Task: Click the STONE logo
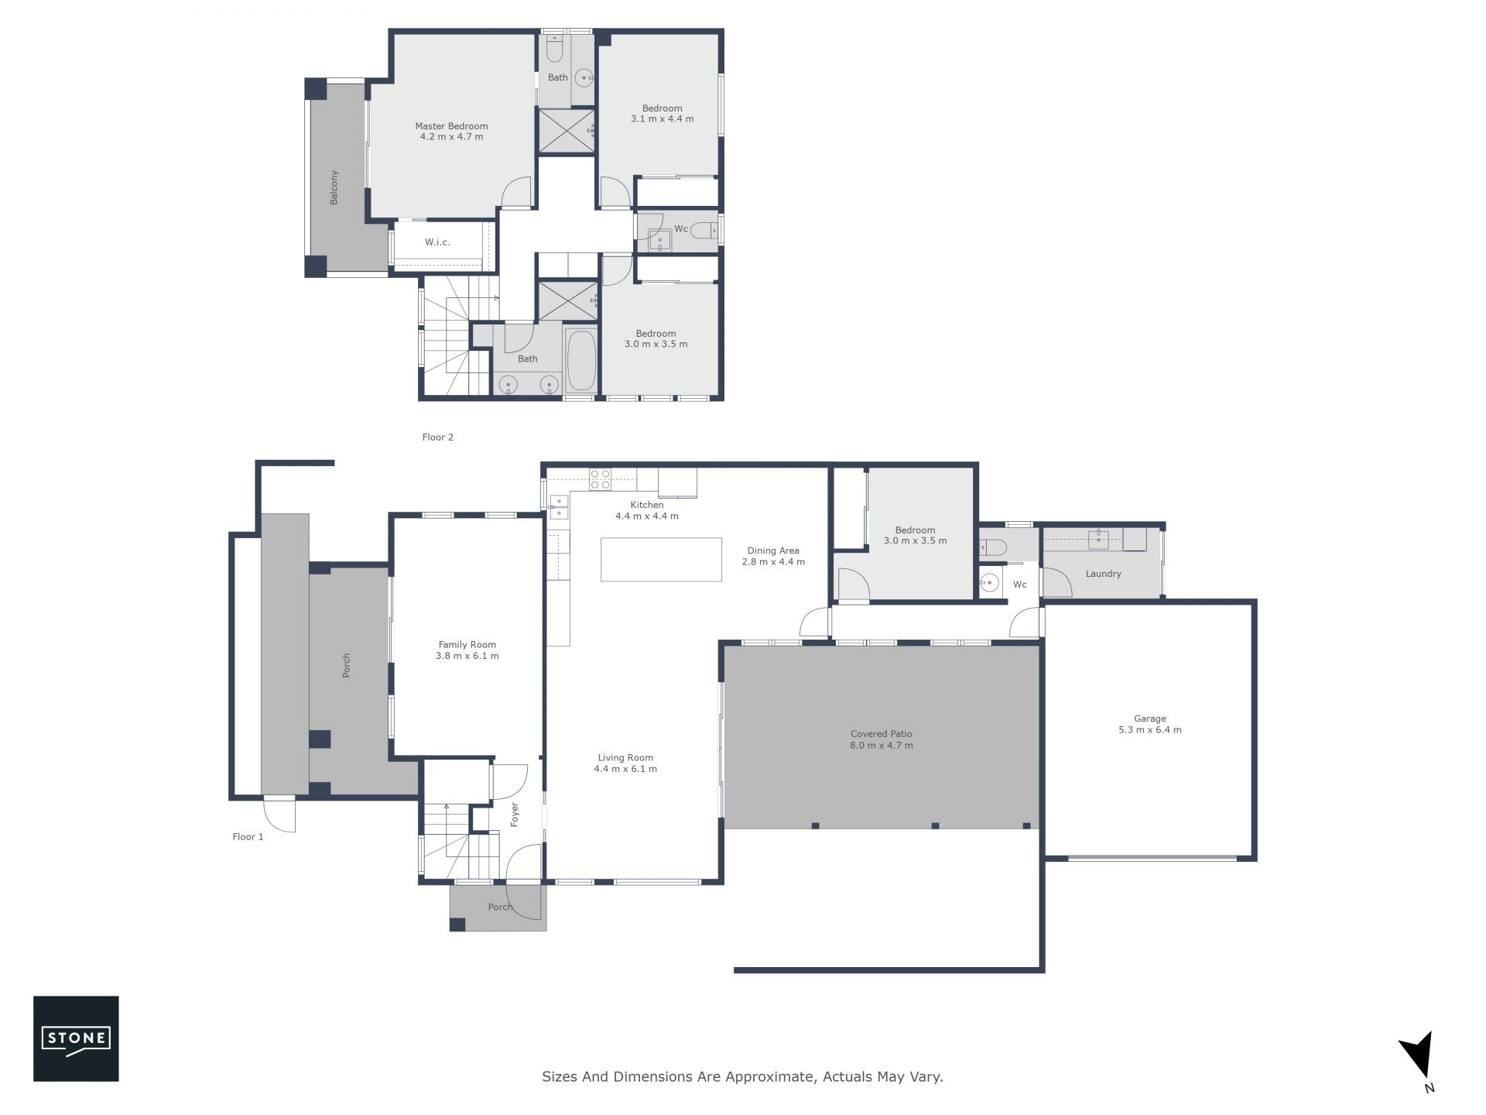pos(76,1038)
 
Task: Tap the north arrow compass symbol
pos(1419,1061)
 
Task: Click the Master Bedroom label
pos(451,126)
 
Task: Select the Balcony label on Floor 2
pos(334,187)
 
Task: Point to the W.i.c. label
pos(437,242)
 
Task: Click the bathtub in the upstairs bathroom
pos(580,361)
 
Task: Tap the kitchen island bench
pos(661,559)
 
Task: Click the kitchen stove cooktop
pos(600,479)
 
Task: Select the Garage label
pos(1150,719)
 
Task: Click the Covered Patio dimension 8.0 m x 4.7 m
pos(882,746)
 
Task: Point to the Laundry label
pos(1104,574)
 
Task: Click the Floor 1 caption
pos(248,836)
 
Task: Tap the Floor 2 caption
pos(438,437)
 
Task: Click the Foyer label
pos(515,815)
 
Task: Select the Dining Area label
pos(773,551)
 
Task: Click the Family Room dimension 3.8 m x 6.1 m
pos(467,656)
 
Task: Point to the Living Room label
pos(625,758)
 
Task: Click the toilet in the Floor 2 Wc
pos(704,230)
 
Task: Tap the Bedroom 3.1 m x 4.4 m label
pos(663,114)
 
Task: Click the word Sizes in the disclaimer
pos(559,1076)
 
